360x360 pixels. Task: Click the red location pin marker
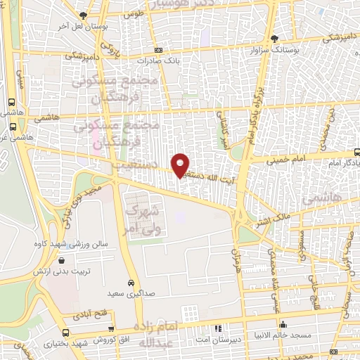181,165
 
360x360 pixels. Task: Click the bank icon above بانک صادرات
158,50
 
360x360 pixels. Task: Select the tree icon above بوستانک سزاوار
274,39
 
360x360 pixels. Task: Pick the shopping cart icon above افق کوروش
65,333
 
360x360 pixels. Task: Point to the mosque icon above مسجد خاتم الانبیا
283,324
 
